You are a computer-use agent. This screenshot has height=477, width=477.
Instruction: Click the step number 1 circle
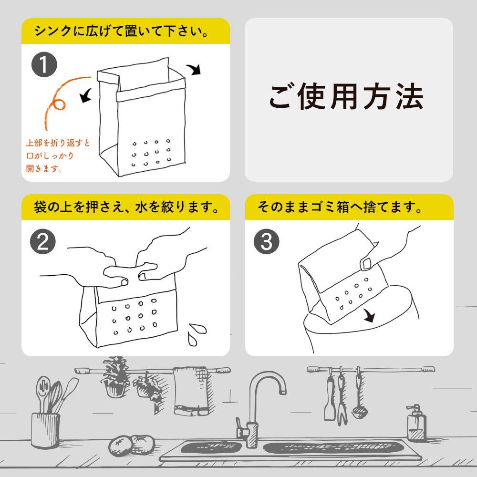[x=43, y=65]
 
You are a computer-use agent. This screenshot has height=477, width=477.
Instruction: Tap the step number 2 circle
[x=43, y=242]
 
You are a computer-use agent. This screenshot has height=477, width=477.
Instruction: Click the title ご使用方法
[x=346, y=98]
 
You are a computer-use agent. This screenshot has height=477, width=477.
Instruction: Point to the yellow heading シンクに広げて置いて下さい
[x=125, y=31]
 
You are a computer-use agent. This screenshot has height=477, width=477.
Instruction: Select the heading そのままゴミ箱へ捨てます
[x=340, y=207]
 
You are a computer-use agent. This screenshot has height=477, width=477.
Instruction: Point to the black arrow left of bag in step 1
[x=86, y=97]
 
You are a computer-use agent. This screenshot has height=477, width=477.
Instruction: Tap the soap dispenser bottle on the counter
[x=415, y=424]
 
